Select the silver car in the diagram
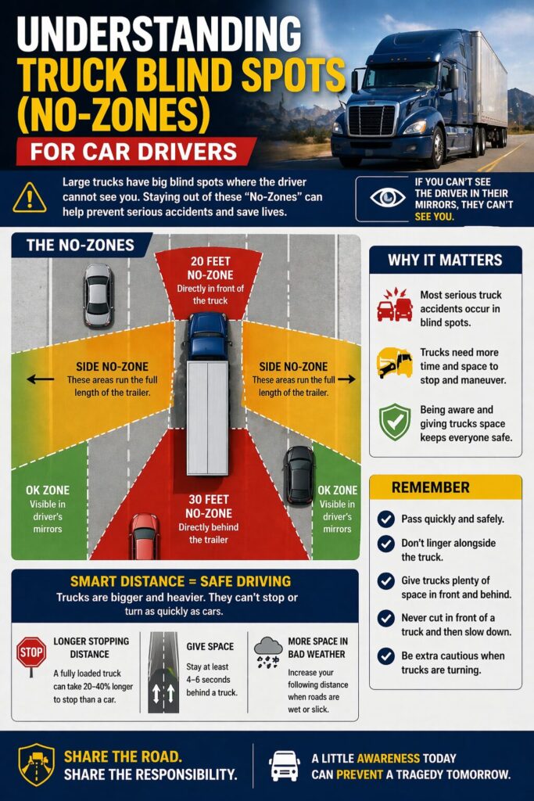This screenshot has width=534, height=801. [x=99, y=294]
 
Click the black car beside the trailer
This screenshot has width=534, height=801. [x=299, y=475]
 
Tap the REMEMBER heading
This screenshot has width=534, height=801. [x=431, y=487]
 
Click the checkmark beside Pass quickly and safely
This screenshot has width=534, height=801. [x=385, y=519]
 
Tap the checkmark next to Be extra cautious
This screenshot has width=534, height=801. [x=385, y=656]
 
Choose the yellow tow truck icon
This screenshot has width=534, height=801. [x=394, y=363]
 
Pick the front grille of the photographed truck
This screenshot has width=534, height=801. [x=372, y=120]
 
